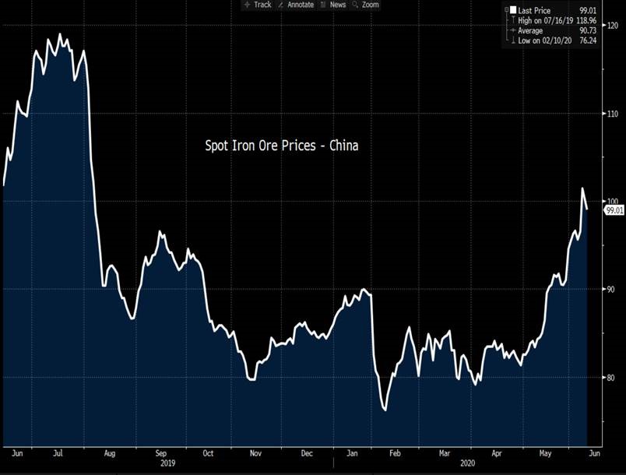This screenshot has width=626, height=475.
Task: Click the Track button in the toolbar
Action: coord(258,5)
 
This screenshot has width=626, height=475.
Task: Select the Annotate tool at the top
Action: coord(296,5)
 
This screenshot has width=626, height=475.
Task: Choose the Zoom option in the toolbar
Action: coord(366,5)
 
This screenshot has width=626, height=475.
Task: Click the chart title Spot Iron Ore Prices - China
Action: coord(281,146)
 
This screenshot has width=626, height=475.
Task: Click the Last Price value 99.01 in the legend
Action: coord(599,9)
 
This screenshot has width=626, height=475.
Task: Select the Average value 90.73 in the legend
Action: coord(599,30)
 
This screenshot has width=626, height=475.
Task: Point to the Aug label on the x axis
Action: coord(109,452)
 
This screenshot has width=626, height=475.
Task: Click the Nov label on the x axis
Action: coord(255,452)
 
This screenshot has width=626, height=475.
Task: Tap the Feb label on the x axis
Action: coord(395,452)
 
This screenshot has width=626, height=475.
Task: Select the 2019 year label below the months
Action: coord(168,463)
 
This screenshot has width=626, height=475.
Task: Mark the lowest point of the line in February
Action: coord(385,410)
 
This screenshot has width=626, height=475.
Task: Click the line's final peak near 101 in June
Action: coord(581,188)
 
